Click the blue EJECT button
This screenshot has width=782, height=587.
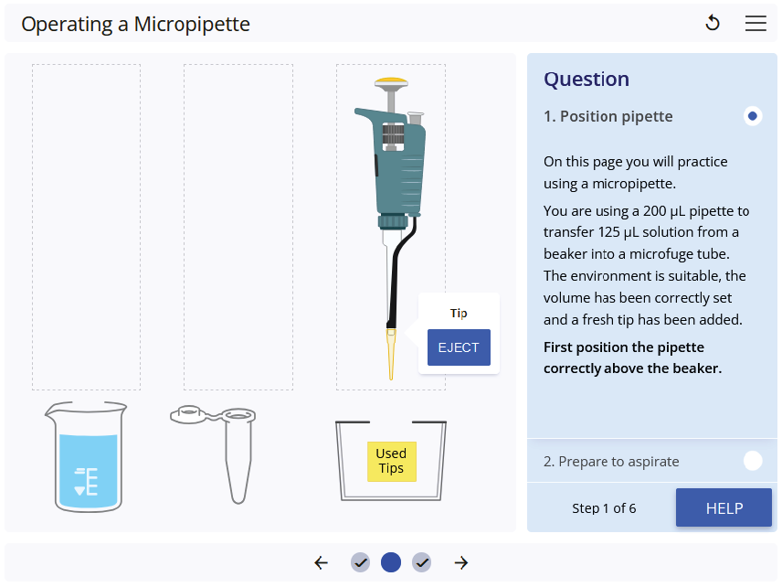point(459,347)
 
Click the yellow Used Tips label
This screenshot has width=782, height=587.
point(391,461)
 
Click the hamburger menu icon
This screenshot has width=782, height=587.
point(756,24)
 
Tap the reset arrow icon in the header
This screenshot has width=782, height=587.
point(713,24)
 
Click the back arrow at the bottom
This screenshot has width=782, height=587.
point(321,563)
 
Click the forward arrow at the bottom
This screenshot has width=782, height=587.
point(461,563)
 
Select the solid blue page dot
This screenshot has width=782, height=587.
point(391,563)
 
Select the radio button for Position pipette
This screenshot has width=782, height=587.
point(753,116)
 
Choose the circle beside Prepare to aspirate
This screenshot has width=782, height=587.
point(753,461)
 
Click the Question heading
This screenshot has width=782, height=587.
point(586,80)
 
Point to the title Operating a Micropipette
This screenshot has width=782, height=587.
point(135,25)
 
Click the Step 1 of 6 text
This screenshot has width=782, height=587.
point(604,508)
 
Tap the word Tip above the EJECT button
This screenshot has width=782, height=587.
point(459,313)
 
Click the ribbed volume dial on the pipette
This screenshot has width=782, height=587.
point(393,136)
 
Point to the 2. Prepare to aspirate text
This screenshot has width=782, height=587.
point(611,462)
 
